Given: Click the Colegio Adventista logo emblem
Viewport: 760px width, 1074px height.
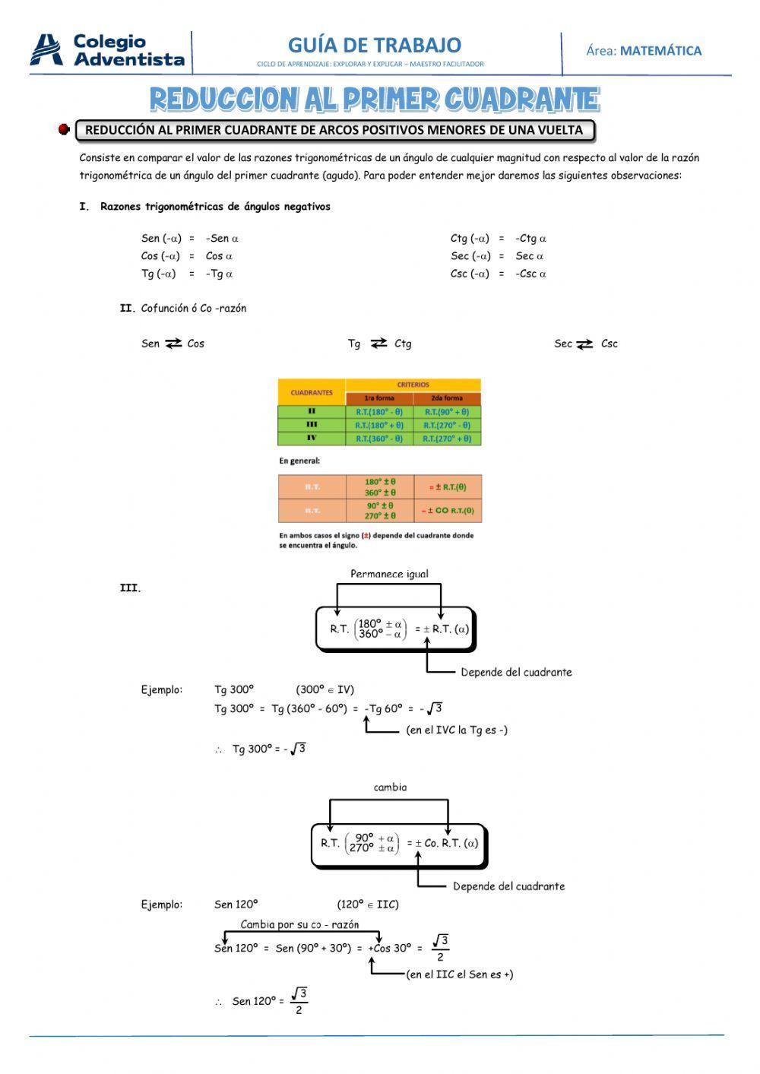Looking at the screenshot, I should click(x=47, y=49).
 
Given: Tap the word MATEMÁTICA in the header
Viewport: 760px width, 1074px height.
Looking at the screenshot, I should click(x=660, y=51).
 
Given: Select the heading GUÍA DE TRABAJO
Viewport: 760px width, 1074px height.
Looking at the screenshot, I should click(x=374, y=45).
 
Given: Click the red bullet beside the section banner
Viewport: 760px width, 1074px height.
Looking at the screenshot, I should click(x=64, y=129).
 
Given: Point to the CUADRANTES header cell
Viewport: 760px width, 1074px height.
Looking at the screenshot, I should click(x=312, y=392).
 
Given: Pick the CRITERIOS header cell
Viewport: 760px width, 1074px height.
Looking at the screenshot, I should click(x=413, y=385).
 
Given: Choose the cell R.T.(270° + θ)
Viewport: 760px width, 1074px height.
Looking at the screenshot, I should click(x=447, y=439).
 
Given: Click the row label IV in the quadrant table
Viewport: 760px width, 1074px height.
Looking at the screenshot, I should click(x=312, y=439).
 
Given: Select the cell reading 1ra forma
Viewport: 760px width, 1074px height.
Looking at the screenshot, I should click(x=379, y=398).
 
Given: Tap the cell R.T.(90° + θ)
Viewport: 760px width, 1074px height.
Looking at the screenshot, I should click(x=447, y=412).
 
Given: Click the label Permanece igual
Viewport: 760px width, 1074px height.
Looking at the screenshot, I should click(x=389, y=574).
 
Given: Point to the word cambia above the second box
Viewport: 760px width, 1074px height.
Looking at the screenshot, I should click(x=390, y=787).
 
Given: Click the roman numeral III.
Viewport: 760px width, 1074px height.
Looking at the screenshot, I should click(x=130, y=588).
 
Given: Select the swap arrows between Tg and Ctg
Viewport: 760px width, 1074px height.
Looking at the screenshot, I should click(x=378, y=344).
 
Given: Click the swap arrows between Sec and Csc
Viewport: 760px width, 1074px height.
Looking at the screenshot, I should click(x=584, y=344).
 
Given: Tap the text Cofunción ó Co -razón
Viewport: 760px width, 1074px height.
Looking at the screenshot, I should click(x=194, y=308).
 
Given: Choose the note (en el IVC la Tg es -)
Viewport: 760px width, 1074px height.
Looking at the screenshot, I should click(x=457, y=730).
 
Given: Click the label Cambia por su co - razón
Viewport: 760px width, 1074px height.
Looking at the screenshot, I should click(x=299, y=924).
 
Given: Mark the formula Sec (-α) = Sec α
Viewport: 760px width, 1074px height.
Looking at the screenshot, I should click(x=497, y=256).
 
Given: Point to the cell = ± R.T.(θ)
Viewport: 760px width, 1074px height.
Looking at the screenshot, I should click(x=448, y=487).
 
